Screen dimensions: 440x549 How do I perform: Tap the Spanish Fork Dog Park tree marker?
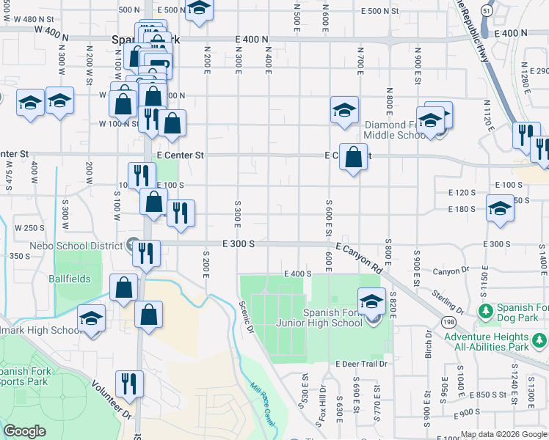point(484,312)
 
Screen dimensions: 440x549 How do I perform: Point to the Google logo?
point(25,431)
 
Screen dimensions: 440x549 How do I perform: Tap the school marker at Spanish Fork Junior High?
point(371,302)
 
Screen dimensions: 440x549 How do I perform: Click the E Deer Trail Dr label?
point(361,364)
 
